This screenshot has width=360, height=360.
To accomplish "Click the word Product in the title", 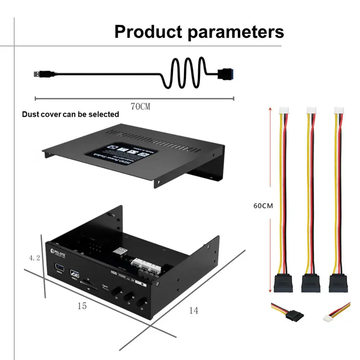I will (148, 32).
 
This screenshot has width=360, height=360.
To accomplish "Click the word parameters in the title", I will (236, 32).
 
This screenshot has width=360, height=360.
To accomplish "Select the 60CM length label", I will (263, 206).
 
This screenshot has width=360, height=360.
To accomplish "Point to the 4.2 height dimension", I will (35, 258).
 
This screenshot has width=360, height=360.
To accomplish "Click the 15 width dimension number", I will (82, 306).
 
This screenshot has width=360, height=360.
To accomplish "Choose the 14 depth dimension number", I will (194, 310).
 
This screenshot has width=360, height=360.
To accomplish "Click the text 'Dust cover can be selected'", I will (71, 114).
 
